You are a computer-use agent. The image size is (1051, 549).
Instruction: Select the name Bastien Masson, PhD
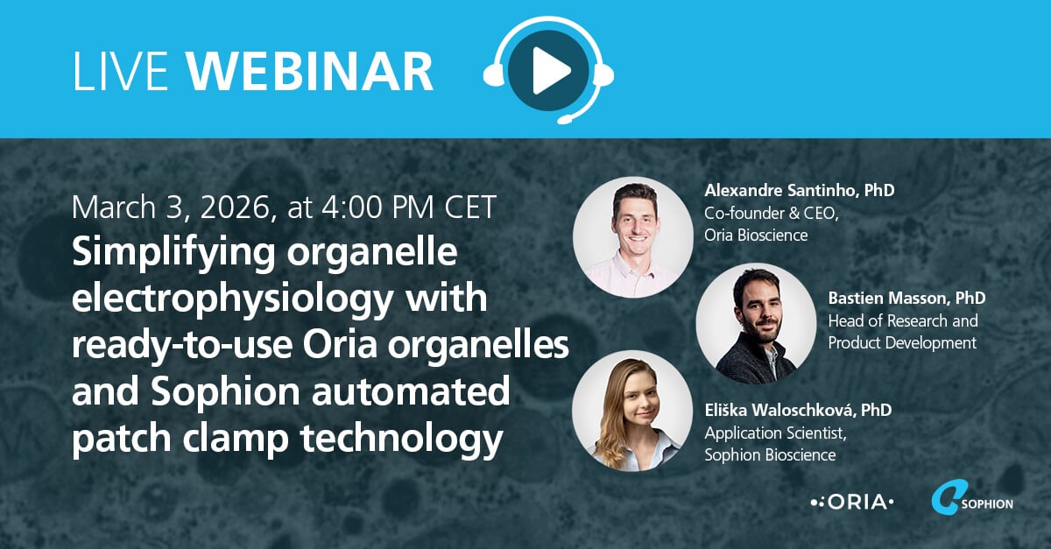click(906, 299)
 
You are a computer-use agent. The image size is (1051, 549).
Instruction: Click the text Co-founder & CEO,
click(772, 213)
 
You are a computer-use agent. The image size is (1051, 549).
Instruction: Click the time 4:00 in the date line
click(373, 208)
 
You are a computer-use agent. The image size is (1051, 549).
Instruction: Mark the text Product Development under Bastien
click(901, 343)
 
